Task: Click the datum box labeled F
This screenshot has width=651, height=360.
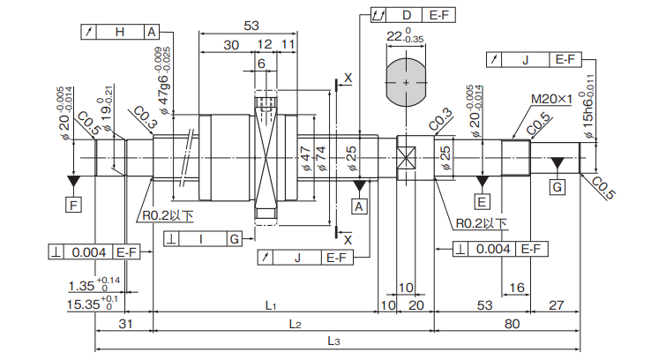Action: (x=74, y=206)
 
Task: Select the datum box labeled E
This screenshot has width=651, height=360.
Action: (x=482, y=203)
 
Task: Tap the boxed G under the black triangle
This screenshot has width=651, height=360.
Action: (x=557, y=188)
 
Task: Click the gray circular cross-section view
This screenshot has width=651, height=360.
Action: (x=407, y=81)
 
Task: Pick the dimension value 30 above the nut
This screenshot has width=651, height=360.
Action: (x=231, y=45)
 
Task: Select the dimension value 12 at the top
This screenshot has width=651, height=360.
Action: (x=265, y=45)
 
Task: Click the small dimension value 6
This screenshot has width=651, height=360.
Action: (x=262, y=64)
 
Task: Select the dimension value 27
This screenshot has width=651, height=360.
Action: (x=557, y=306)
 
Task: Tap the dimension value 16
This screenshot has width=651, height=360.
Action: (x=517, y=288)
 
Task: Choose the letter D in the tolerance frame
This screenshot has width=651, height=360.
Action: (x=407, y=15)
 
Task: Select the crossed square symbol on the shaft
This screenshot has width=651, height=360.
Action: (x=406, y=159)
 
